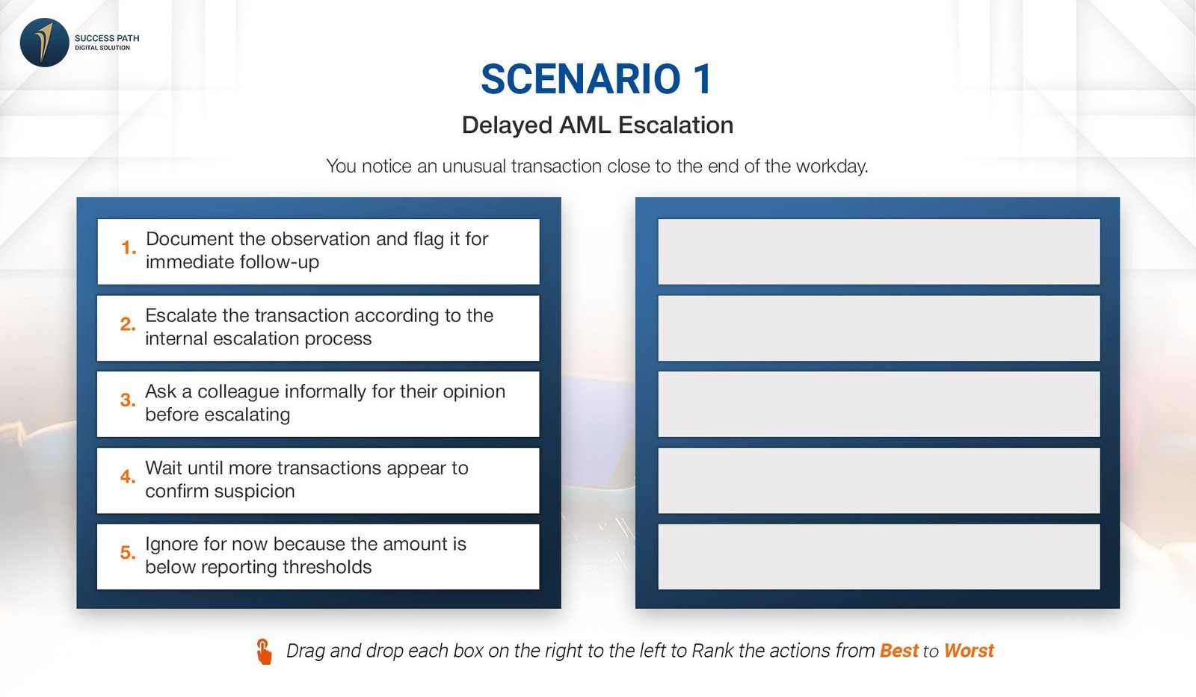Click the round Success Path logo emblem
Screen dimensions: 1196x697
44,43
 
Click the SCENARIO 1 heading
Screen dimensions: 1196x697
597,79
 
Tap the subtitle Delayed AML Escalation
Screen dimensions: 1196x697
597,125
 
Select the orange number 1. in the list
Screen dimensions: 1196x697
129,247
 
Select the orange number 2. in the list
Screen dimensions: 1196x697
128,324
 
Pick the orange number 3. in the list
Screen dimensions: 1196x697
128,400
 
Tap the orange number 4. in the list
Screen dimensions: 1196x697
128,476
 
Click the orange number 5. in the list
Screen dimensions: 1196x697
128,552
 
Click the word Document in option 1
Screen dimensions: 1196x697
190,238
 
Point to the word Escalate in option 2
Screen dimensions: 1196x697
181,315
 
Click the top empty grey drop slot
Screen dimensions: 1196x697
879,251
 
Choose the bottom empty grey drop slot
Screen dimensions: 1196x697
879,557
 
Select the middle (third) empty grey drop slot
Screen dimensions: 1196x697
879,404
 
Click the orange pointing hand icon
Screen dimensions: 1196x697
264,651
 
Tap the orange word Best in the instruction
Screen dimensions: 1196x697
899,651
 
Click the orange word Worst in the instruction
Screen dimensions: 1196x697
969,651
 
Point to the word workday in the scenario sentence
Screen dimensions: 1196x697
832,166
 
